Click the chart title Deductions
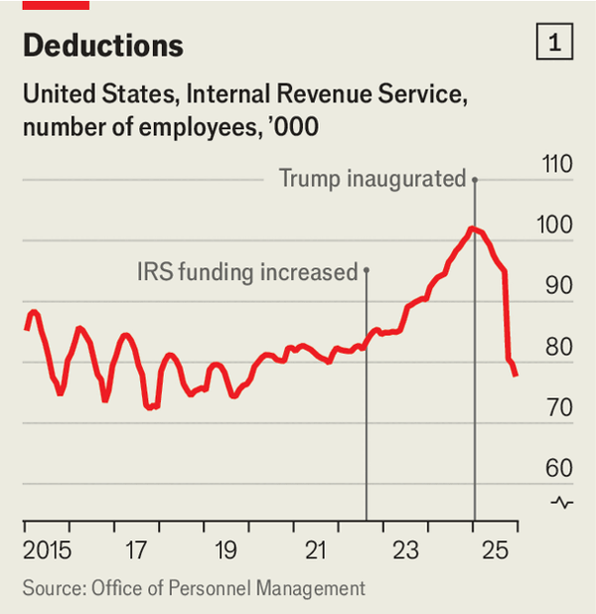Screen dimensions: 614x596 point(102,45)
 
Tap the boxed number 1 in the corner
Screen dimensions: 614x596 point(553,43)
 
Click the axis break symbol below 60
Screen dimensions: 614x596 point(562,502)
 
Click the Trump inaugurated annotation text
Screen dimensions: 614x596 point(372,179)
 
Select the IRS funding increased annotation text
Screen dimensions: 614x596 point(245,271)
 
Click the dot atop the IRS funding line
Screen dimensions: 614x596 point(367,269)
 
